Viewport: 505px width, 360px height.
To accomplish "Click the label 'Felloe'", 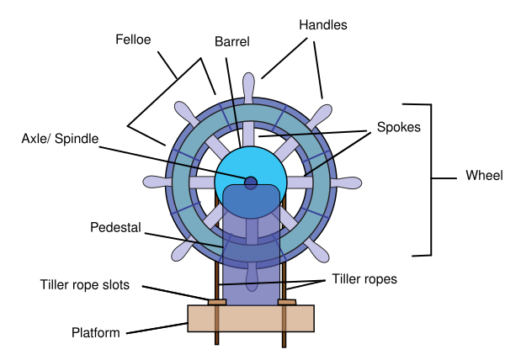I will point(133,38).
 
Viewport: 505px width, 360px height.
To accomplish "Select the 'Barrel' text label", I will point(232,40).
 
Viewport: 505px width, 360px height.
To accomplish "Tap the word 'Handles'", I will point(323,25).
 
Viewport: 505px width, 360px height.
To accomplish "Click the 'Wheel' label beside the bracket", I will point(483,177).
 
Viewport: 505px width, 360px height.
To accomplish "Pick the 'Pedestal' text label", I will point(115,228).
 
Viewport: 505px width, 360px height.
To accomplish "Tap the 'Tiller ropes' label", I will point(364,278).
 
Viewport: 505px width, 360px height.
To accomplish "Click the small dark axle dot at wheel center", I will point(251,182).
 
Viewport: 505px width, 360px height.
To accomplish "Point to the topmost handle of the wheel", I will point(251,86).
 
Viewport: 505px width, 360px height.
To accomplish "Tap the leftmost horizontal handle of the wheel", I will point(157,182).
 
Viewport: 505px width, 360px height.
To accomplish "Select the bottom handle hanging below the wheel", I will point(251,275).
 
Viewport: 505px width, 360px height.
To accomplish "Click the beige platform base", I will point(251,318).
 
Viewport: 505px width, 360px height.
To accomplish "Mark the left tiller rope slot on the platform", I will point(217,300).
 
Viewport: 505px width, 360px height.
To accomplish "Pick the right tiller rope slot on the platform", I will point(286,300).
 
